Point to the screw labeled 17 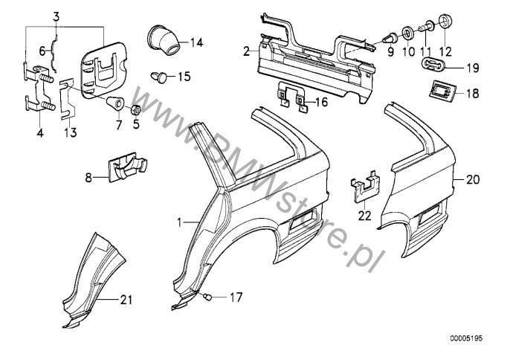click(x=210, y=298)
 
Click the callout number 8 click(x=88, y=178)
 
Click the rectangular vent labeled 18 click(x=438, y=92)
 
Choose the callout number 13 click(x=71, y=133)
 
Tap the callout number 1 click(x=180, y=221)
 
